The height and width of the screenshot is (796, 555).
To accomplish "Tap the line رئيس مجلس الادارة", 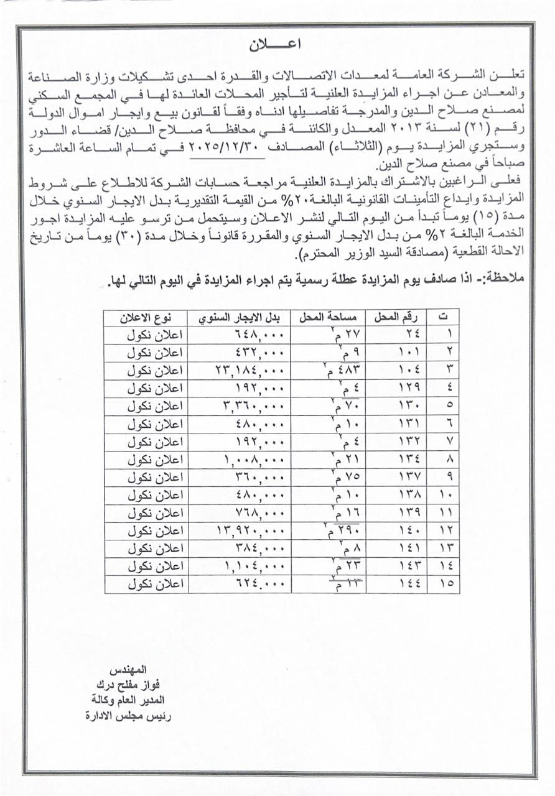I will pos(129,716).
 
